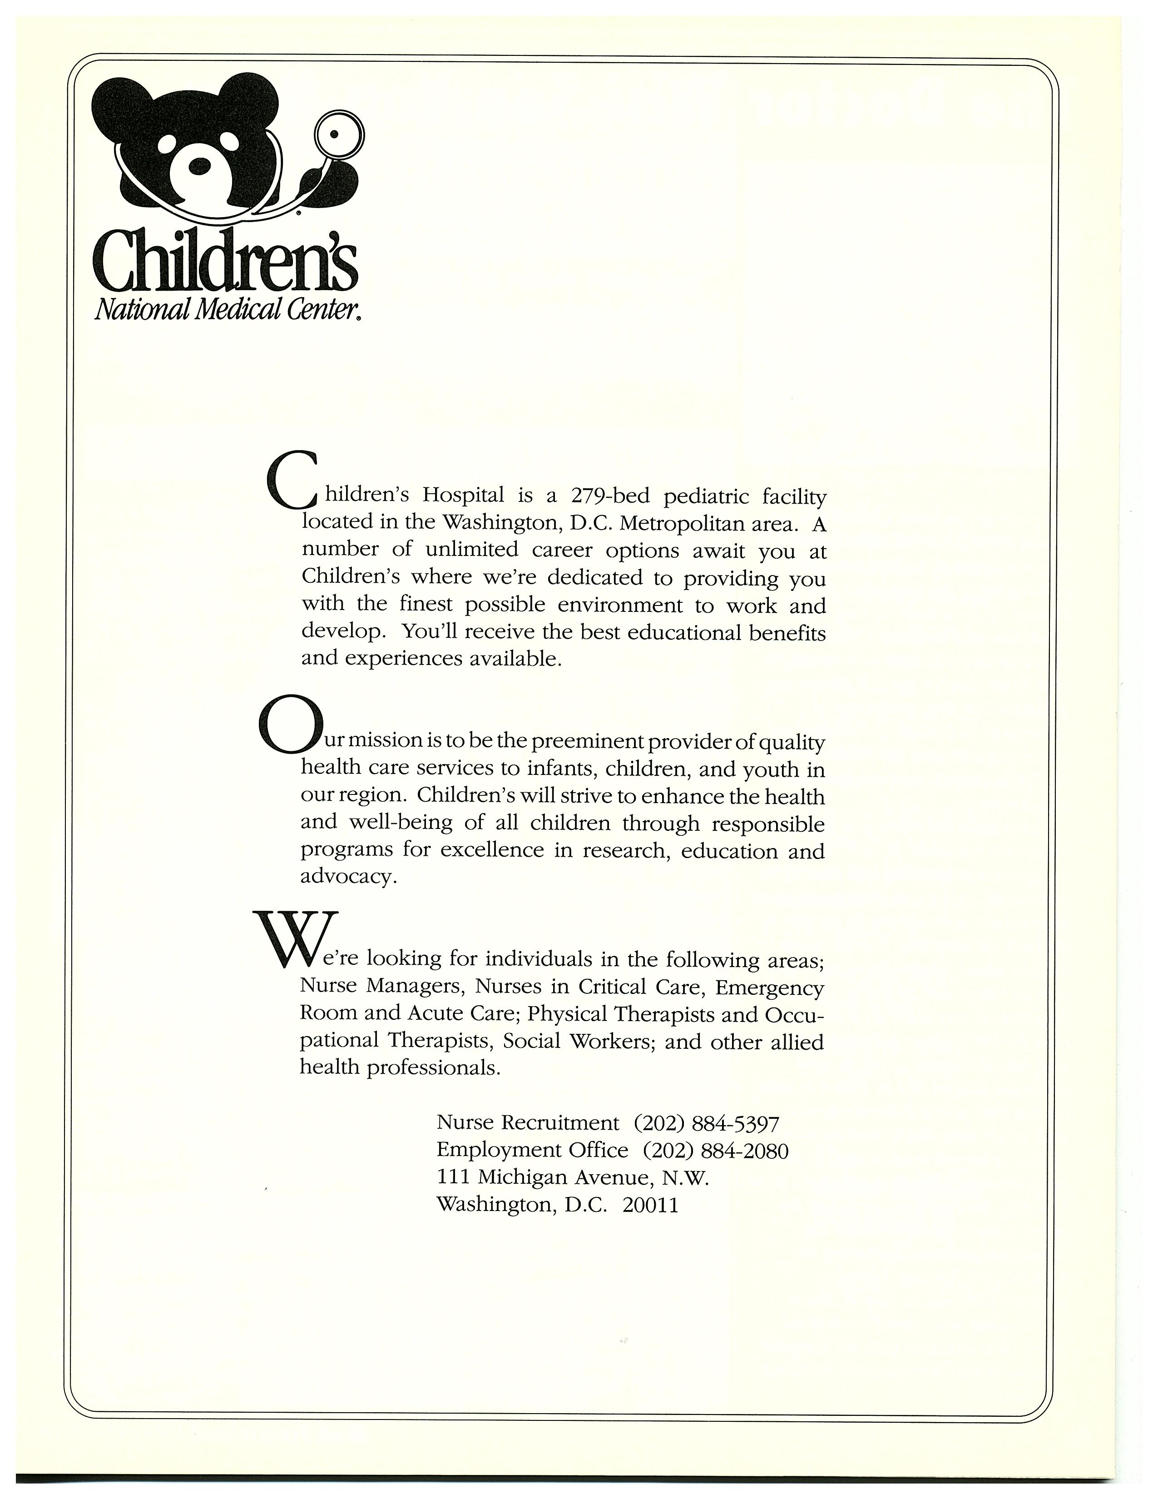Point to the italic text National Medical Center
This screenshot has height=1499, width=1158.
[227, 311]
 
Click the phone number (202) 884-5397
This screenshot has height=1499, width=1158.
[706, 1123]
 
